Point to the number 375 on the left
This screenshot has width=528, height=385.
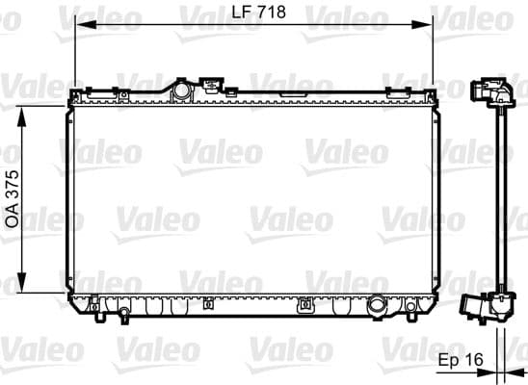(13, 180)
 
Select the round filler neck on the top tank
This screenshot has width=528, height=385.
(180, 90)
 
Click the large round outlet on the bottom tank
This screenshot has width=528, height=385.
(378, 308)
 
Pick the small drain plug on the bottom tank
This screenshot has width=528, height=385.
(305, 307)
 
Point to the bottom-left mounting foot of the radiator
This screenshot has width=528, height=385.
(95, 308)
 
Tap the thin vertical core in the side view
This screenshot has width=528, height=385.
(501, 202)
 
